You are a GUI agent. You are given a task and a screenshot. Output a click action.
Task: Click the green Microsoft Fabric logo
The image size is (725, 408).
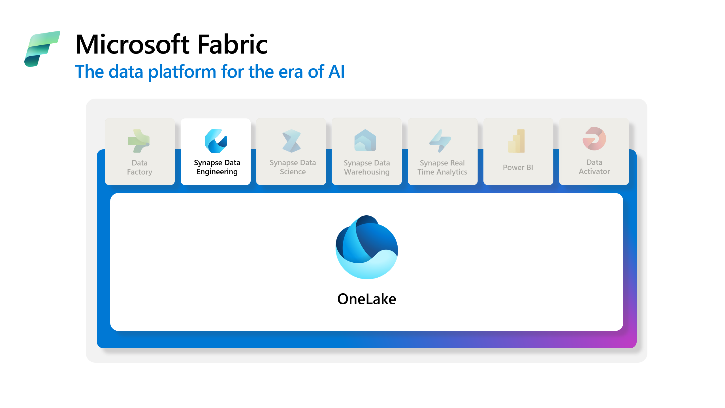pyautogui.click(x=42, y=49)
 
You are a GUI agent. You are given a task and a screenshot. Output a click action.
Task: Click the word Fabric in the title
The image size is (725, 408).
pyautogui.click(x=232, y=44)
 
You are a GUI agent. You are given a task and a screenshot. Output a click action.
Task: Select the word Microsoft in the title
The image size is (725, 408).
pyautogui.click(x=133, y=44)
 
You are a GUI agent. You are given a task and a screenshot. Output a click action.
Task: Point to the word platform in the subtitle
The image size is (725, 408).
pyautogui.click(x=182, y=72)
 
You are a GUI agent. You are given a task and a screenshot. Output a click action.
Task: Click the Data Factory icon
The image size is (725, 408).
pyautogui.click(x=138, y=141)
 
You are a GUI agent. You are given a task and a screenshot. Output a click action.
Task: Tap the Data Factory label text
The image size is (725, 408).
pyautogui.click(x=140, y=167)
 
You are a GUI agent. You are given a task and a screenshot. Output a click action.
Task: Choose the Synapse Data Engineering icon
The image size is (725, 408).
pyautogui.click(x=216, y=141)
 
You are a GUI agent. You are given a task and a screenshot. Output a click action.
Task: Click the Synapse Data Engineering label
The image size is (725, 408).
pyautogui.click(x=217, y=167)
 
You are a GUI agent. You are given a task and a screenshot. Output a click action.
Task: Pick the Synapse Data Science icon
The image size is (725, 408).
pyautogui.click(x=291, y=141)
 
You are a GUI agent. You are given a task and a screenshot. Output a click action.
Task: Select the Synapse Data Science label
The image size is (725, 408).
pyautogui.click(x=293, y=167)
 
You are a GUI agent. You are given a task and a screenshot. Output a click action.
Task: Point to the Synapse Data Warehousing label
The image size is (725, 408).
pyautogui.click(x=367, y=167)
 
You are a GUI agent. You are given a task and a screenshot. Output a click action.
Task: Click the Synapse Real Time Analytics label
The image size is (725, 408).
pyautogui.click(x=442, y=167)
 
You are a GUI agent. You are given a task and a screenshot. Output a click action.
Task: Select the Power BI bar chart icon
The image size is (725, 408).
pyautogui.click(x=517, y=141)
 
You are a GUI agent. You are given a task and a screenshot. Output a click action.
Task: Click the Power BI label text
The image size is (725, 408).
pyautogui.click(x=518, y=167)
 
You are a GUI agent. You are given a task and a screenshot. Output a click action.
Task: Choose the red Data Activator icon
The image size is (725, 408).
pyautogui.click(x=594, y=139)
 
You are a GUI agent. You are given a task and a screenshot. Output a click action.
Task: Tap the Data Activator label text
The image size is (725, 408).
pyautogui.click(x=594, y=167)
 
